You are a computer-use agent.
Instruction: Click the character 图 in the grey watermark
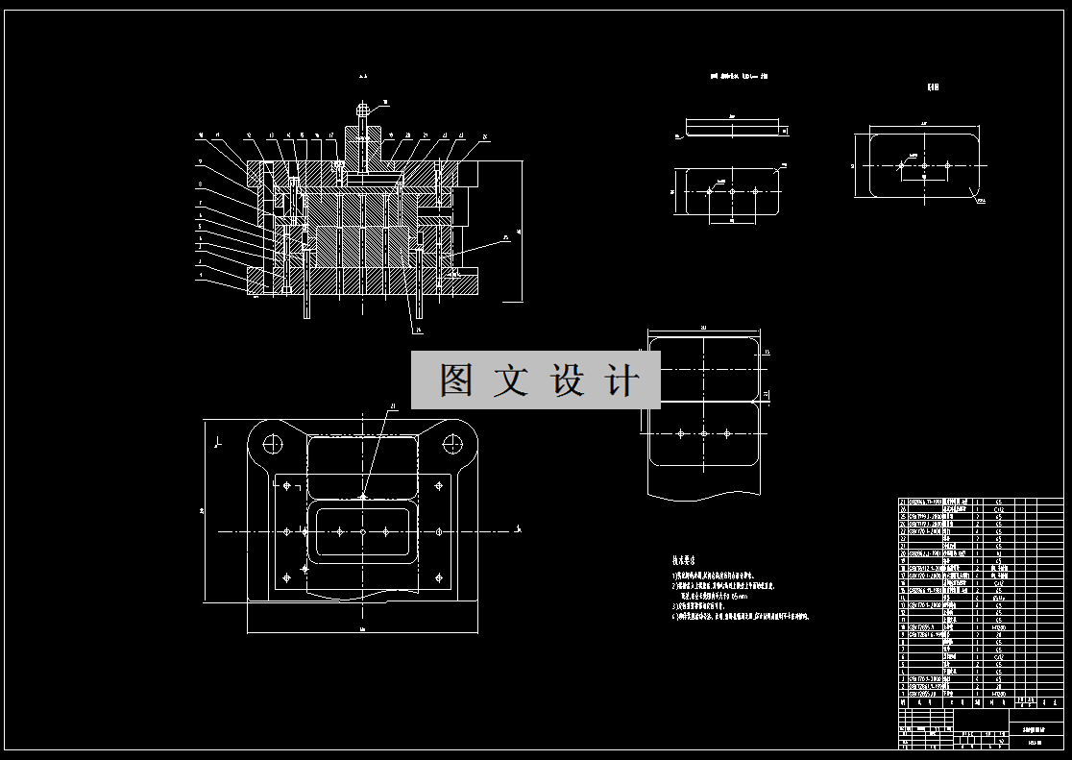coord(456,380)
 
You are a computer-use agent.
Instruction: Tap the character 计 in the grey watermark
coord(621,380)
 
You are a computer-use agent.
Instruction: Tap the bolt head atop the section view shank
coord(362,109)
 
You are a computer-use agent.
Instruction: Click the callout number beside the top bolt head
coord(386,101)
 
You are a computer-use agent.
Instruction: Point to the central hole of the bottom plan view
coord(363,531)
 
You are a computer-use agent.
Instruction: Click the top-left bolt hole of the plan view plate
coord(286,486)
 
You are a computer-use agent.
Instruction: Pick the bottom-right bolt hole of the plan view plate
coord(439,576)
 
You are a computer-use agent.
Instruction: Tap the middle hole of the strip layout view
coord(704,434)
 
